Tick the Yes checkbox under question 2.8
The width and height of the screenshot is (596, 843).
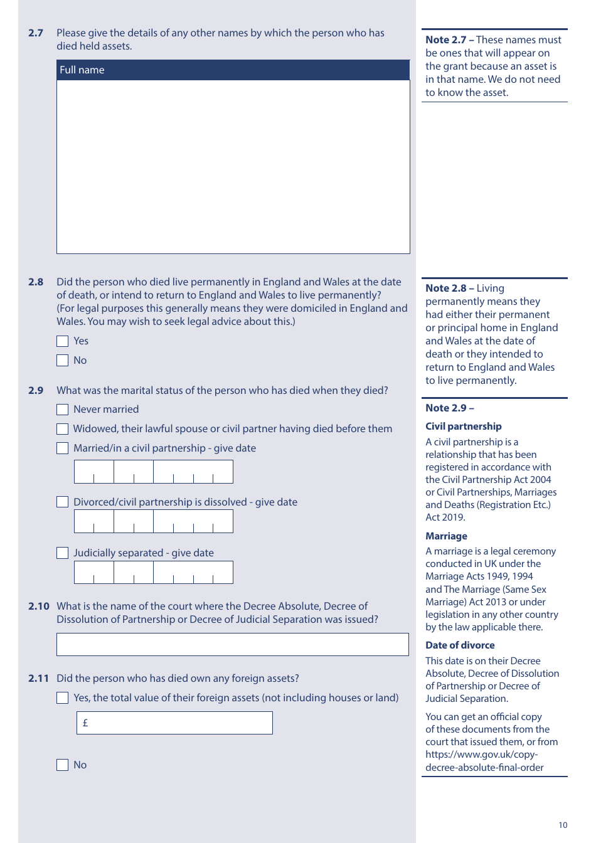pos(62,341)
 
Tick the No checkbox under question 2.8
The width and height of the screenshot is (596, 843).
pos(62,361)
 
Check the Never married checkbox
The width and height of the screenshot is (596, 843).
pos(62,410)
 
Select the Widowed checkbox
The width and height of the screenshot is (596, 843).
pos(62,429)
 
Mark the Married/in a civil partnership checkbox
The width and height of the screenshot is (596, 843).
pos(62,448)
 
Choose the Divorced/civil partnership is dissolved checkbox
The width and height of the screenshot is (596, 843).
pos(62,502)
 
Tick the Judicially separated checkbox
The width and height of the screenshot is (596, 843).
pos(62,553)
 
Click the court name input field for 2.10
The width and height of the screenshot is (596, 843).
pos(232,645)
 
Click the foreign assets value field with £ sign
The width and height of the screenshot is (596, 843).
pos(174,723)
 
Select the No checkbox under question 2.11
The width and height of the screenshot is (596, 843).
pos(62,765)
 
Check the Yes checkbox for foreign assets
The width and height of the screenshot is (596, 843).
pos(62,698)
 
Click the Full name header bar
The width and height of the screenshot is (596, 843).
pos(233,70)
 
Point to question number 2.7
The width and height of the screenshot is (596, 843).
pos(36,33)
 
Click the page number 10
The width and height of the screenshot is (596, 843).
pos(563,825)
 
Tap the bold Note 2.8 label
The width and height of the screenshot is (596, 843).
pos(446,289)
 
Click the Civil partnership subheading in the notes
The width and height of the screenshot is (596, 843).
pos(464,427)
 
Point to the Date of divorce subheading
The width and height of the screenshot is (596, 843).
pos(460,645)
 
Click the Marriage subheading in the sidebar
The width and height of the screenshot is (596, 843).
pos(446,536)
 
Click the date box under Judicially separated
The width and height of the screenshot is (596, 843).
pos(154,573)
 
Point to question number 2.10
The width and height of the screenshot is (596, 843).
pos(38,607)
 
